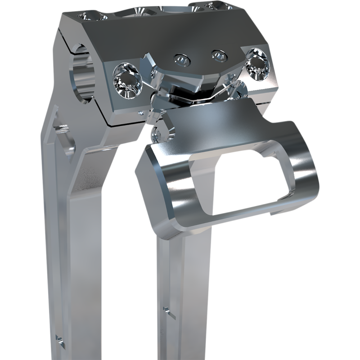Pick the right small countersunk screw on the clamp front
click(x=218, y=55)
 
